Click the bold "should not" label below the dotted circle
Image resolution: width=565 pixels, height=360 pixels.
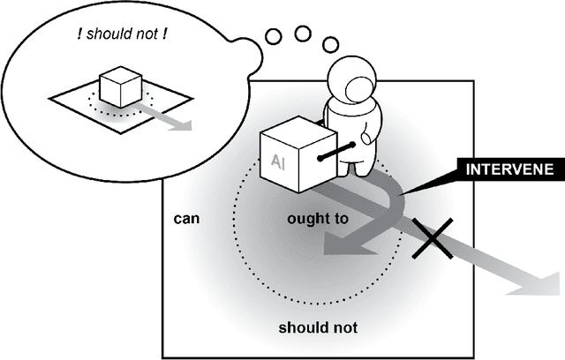(x=318, y=327)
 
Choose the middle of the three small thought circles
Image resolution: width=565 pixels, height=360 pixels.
(x=303, y=34)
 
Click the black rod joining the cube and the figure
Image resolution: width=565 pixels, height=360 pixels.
(x=338, y=152)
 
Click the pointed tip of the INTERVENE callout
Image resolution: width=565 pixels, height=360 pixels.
(x=398, y=192)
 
